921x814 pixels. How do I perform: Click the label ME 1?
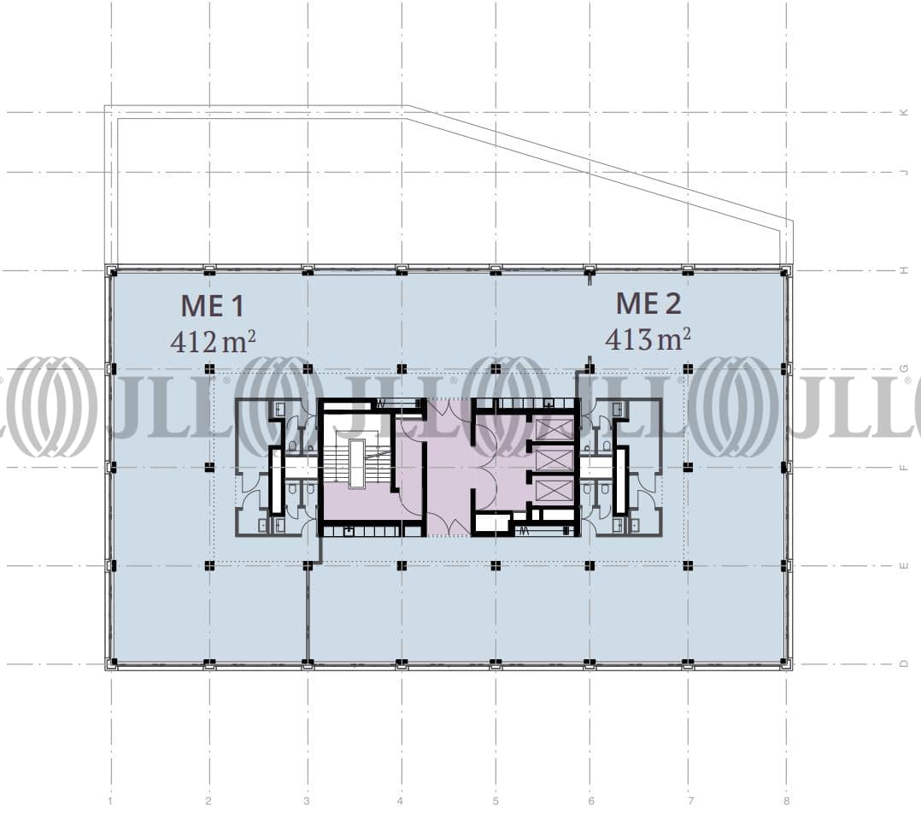coord(212,306)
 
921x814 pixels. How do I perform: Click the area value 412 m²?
coord(213,341)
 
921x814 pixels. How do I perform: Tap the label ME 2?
coord(648,304)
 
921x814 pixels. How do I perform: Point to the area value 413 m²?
coord(648,339)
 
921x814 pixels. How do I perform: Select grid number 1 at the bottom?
coord(110,800)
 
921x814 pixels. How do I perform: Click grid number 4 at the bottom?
coord(400,800)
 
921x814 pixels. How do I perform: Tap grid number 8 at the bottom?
coord(787,800)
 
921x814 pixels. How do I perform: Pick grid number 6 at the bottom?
coord(591,800)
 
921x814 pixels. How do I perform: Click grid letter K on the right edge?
coord(905,112)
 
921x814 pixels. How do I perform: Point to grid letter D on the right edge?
coord(905,664)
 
